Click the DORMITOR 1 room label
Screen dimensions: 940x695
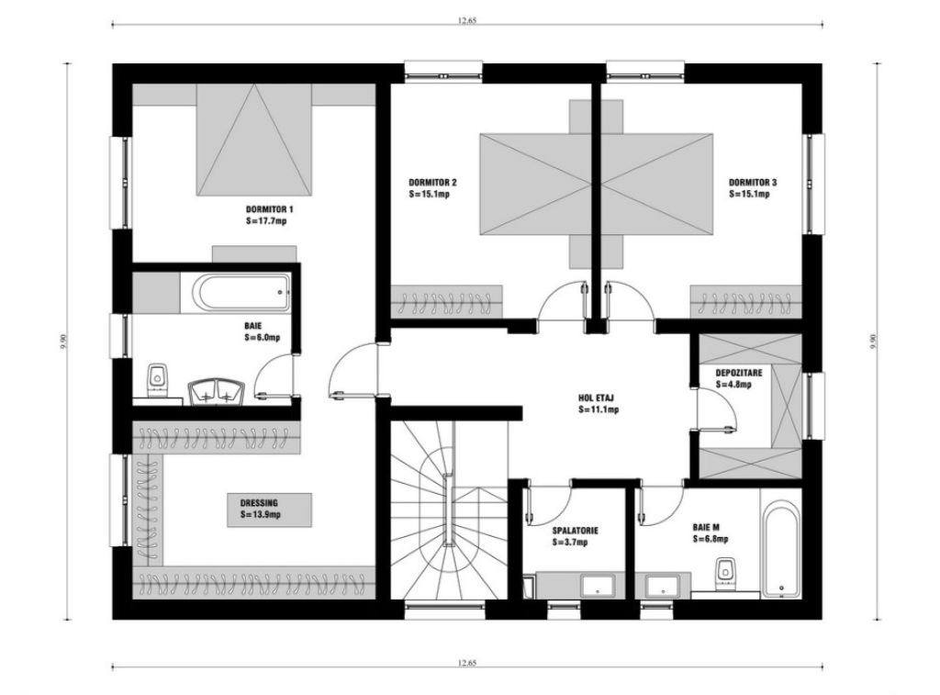click(x=269, y=209)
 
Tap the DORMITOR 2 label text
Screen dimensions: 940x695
click(x=432, y=183)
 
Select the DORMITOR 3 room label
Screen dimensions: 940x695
click(x=753, y=183)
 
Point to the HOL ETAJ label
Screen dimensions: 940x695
click(x=597, y=398)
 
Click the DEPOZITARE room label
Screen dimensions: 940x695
click(x=739, y=373)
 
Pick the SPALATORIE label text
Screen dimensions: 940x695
click(x=575, y=531)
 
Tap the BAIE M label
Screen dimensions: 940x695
click(x=706, y=527)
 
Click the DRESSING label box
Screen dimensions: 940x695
click(x=269, y=510)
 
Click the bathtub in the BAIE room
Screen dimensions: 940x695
click(x=242, y=292)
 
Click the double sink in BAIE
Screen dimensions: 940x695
click(x=216, y=392)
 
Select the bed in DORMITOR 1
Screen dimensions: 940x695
click(x=254, y=140)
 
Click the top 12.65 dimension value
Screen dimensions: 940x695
click(x=467, y=20)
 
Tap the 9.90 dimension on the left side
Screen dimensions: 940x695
click(x=63, y=342)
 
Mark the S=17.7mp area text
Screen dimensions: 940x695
click(x=266, y=221)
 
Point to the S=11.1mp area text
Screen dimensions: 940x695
click(x=599, y=410)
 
